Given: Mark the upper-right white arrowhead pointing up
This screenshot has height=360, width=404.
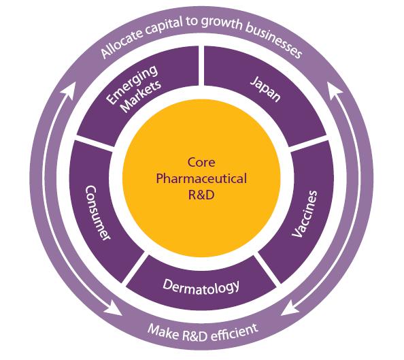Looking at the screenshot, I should pyautogui.click(x=335, y=87).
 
